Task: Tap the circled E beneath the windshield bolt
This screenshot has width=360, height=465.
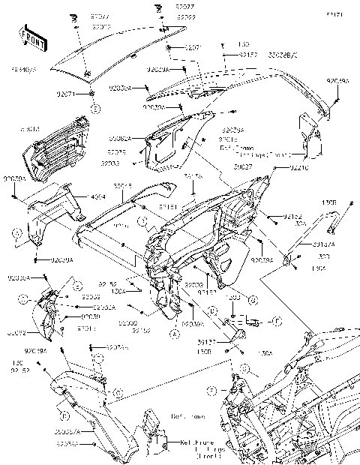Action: point(95,109)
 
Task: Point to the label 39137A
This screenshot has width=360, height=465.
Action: point(324,243)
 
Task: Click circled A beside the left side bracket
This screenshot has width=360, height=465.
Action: point(16,234)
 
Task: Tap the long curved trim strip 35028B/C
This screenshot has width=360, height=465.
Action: point(247,79)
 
